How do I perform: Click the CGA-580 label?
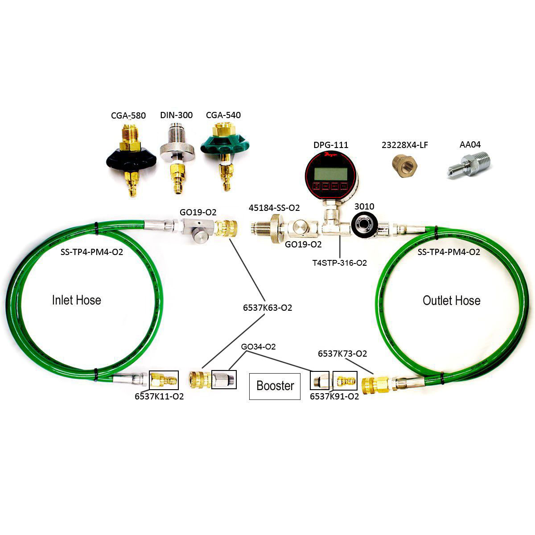coord(128,115)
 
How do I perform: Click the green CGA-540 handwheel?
coord(222,145)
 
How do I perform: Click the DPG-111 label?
coord(330,145)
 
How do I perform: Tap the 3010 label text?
coord(364,206)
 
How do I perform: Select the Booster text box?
coord(275,386)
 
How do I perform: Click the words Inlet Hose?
coord(76,300)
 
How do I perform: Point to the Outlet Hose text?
coord(451,300)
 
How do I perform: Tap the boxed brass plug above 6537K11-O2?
coord(163,380)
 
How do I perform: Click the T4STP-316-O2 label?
coord(340,263)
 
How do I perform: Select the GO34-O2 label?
coord(258,346)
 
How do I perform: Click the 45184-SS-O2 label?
coord(274,208)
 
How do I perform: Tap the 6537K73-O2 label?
coord(342,354)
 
